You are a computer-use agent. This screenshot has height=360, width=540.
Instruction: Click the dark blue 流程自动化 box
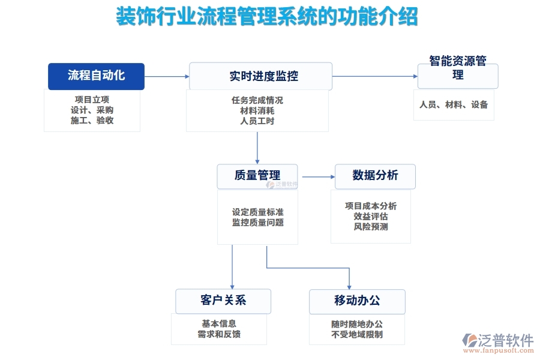[96, 76]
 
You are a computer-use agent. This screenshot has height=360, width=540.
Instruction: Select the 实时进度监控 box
[260, 76]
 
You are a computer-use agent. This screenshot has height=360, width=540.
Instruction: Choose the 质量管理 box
[257, 176]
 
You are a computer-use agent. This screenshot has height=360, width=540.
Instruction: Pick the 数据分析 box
[375, 176]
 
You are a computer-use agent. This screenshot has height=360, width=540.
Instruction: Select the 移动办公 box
[357, 301]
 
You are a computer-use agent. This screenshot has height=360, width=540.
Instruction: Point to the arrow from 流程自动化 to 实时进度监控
[167, 76]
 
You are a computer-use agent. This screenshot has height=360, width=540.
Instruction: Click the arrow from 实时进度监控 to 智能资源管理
[375, 76]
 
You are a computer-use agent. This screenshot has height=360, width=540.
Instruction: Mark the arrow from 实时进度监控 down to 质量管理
[257, 148]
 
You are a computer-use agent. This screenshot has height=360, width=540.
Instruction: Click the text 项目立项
[92, 100]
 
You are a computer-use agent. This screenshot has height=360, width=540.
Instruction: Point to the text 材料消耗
[257, 110]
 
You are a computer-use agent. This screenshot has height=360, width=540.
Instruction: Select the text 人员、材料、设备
[454, 105]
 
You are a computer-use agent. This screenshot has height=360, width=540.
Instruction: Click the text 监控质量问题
[257, 223]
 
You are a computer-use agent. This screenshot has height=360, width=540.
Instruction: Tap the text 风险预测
[371, 227]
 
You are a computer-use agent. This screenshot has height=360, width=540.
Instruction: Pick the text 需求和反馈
[219, 334]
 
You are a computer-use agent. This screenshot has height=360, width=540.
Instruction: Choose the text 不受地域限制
[357, 334]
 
